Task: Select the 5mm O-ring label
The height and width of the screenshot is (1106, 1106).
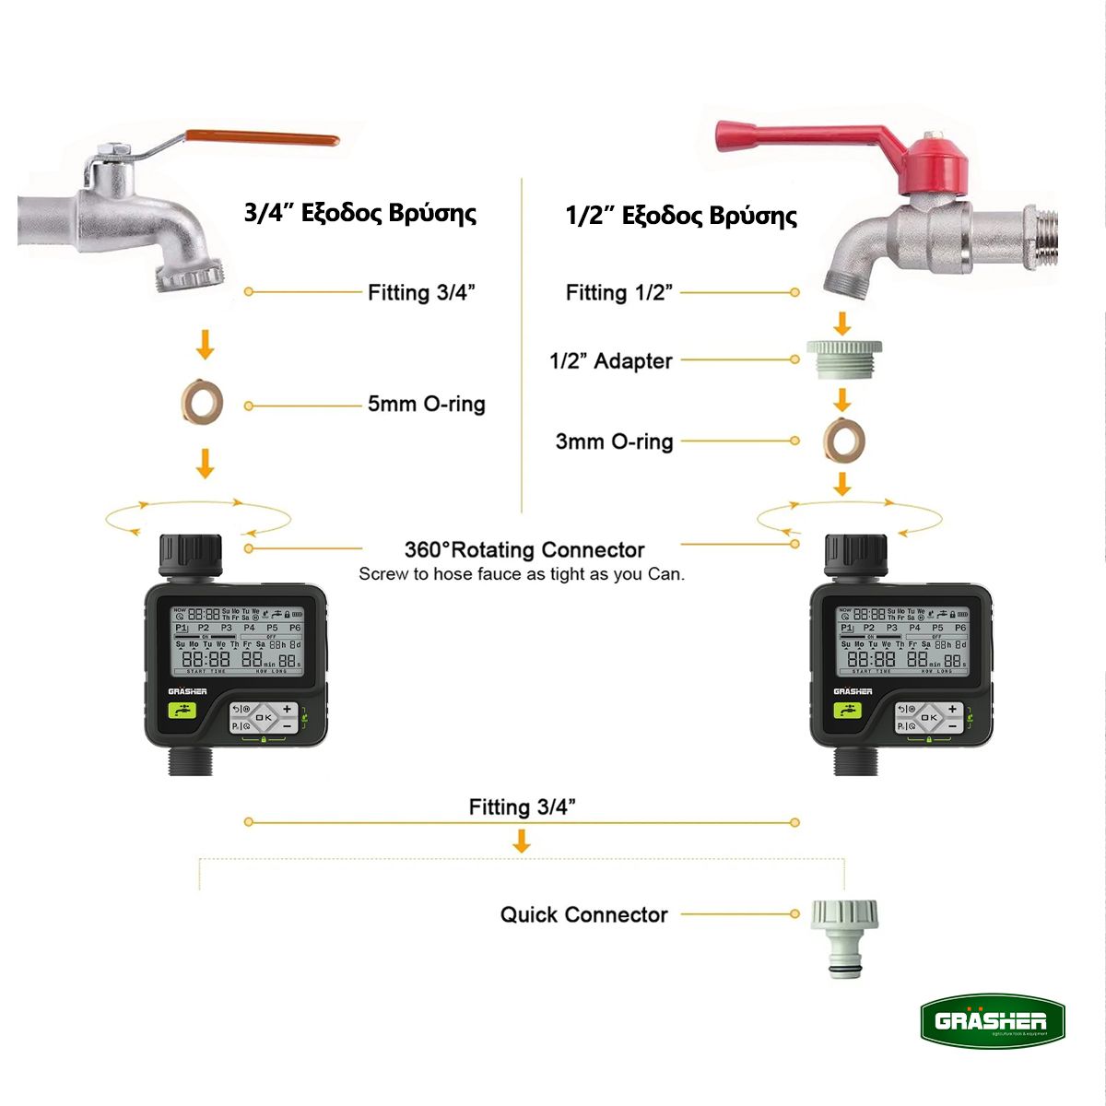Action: pos(426,404)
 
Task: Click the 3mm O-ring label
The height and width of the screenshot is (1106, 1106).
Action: pos(614,441)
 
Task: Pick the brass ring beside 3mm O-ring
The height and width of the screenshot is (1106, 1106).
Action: pos(842,439)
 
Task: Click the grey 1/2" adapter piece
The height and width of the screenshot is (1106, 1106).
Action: pos(843,359)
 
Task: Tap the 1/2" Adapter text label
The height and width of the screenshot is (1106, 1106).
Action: pos(610,361)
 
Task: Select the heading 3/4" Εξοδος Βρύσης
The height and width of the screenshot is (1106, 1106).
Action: pos(359,213)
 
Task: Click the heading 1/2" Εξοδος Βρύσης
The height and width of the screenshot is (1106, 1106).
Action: pos(680,216)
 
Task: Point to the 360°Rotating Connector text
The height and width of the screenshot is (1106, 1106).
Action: pos(524,550)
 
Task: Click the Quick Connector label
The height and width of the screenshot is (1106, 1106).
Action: pos(583,915)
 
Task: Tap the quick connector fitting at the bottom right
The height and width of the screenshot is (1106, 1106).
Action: pos(843,935)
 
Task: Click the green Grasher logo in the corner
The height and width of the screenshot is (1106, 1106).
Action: pos(992,1021)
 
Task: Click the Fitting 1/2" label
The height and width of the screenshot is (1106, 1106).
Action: pos(618,293)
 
